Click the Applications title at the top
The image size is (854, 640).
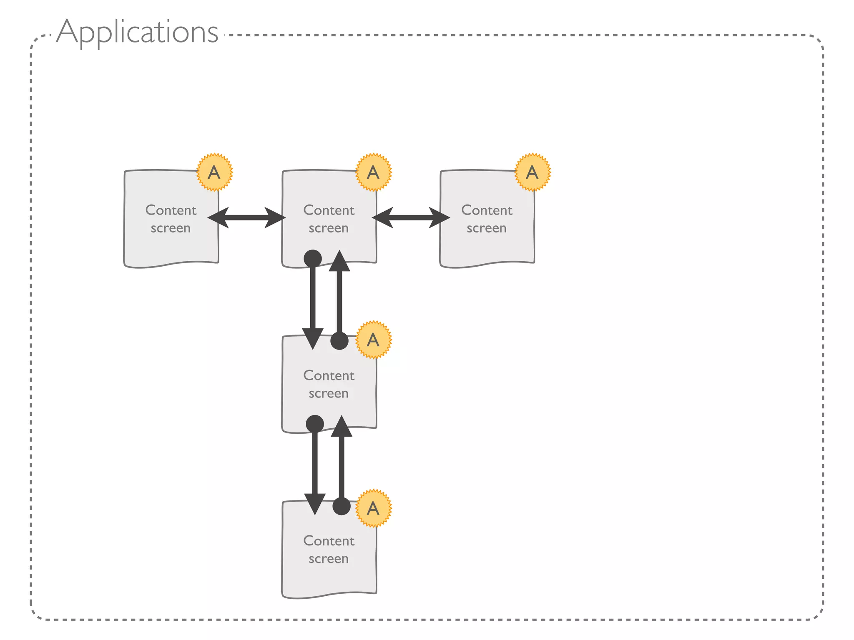tap(137, 32)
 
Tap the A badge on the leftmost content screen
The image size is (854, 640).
tap(214, 172)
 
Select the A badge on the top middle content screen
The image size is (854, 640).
tap(373, 172)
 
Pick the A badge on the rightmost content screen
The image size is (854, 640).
tap(532, 172)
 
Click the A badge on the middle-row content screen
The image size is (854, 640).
tap(373, 340)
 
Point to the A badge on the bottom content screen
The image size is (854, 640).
tap(373, 508)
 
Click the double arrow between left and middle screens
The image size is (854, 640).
tap(246, 217)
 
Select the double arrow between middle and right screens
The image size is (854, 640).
tap(411, 217)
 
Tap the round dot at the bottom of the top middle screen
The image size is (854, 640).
tap(313, 258)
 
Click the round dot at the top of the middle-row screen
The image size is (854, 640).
tap(339, 341)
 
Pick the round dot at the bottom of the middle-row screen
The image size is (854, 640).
tap(315, 424)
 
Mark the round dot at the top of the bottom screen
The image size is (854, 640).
tap(342, 506)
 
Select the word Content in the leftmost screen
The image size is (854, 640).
tap(171, 210)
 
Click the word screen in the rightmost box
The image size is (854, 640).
tap(487, 228)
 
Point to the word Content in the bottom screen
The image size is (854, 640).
tap(329, 541)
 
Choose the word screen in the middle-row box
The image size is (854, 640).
tap(329, 394)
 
